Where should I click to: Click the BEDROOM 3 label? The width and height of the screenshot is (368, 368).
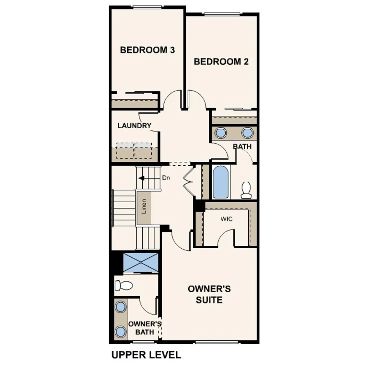click(x=147, y=50)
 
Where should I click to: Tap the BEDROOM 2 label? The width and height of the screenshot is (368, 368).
click(x=221, y=61)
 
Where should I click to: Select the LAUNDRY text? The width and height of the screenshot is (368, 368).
click(x=134, y=126)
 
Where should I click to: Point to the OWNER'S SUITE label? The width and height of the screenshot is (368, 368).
click(x=209, y=294)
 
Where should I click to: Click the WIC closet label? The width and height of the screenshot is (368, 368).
click(x=227, y=219)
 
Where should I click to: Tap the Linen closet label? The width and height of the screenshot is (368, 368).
click(x=144, y=207)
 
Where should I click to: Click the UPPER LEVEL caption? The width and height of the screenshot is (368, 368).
click(x=146, y=355)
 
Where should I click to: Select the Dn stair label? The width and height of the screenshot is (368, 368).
click(x=166, y=178)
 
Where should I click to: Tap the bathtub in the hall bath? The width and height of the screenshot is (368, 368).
click(x=220, y=182)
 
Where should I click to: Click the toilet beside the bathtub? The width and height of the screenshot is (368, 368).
click(x=246, y=190)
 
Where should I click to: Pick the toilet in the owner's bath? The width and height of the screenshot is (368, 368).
click(x=123, y=286)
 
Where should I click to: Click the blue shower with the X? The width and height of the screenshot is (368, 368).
click(x=141, y=262)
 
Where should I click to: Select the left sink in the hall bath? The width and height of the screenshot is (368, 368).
click(x=220, y=133)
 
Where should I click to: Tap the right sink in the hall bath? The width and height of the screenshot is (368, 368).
click(x=247, y=133)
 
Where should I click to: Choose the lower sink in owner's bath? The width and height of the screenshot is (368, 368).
click(x=121, y=331)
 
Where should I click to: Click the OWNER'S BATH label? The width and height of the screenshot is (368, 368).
click(x=144, y=328)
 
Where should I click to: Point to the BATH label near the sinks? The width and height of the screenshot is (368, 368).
click(x=242, y=147)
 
